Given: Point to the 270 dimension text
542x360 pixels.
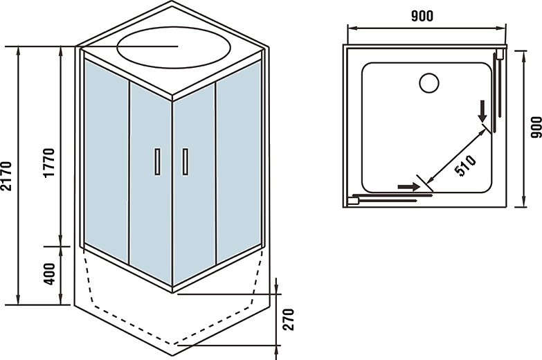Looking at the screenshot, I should click(x=289, y=319).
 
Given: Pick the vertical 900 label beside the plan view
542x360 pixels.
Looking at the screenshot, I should click(x=534, y=126).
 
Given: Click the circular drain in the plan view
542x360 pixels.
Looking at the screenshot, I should click(x=429, y=83).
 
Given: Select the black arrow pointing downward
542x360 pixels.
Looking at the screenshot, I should click(x=482, y=111).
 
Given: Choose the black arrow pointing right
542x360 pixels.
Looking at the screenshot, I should click(x=409, y=186).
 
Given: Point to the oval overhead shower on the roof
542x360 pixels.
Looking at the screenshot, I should click(x=173, y=46).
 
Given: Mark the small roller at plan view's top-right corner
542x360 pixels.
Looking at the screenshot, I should click(x=500, y=53).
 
